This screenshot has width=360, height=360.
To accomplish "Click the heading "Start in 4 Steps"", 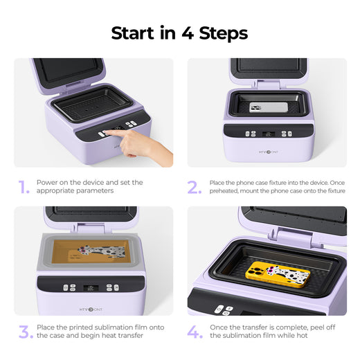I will click(179, 33).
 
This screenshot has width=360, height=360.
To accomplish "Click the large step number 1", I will click(24, 187).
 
